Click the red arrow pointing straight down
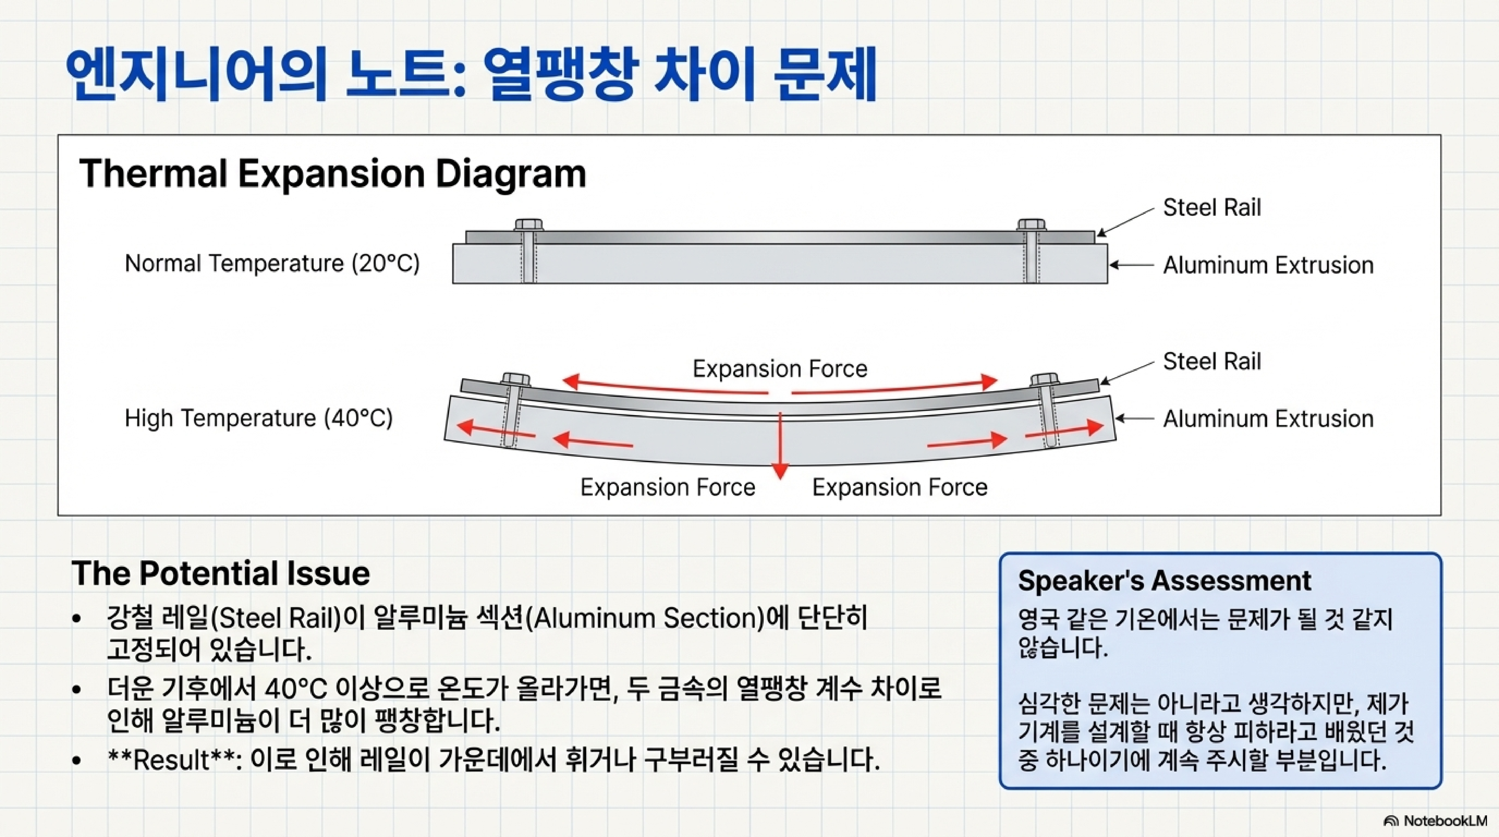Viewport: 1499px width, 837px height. (780, 448)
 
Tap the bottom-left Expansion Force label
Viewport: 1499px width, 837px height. (668, 487)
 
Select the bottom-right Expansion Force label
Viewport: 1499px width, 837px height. (900, 487)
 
